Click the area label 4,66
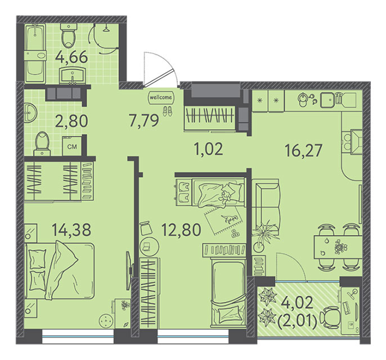tap(71, 57)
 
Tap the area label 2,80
tap(71, 121)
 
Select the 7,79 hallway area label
tap(144, 121)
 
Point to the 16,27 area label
tap(303, 151)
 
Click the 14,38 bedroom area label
tap(71, 229)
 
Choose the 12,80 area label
tap(181, 230)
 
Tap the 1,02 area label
tap(209, 149)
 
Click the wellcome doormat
tap(161, 97)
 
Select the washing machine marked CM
tap(72, 146)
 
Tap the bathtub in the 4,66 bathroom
tap(35, 53)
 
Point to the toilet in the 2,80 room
tap(42, 144)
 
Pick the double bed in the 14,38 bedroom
tap(59, 271)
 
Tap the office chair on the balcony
tap(330, 317)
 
